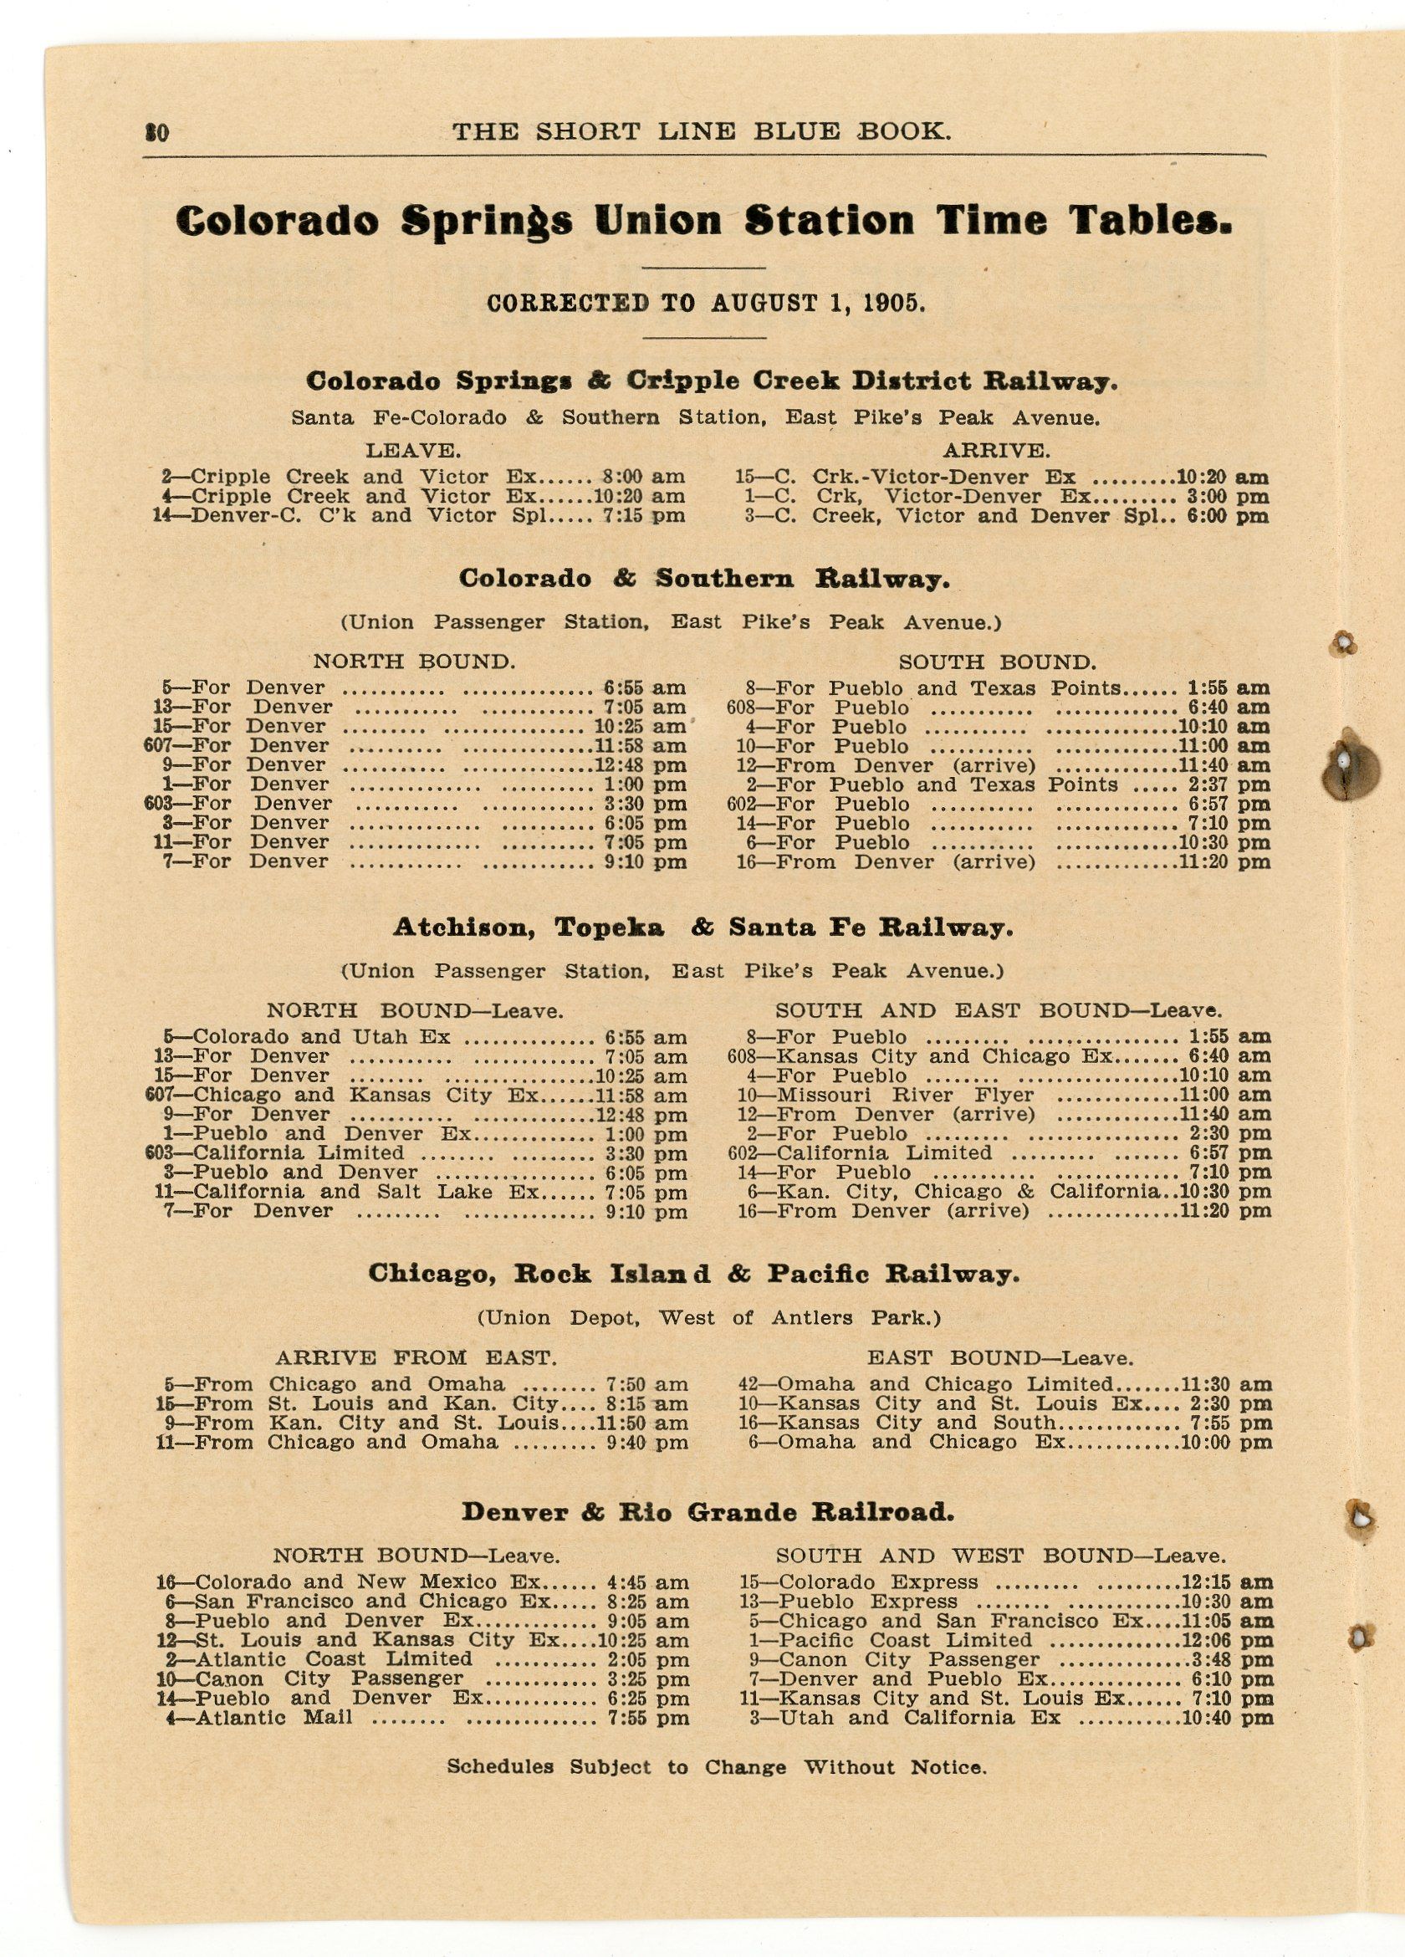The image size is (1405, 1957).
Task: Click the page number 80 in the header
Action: click(x=158, y=132)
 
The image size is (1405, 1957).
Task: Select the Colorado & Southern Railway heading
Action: click(x=703, y=578)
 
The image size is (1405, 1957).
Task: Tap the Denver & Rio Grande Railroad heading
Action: click(x=708, y=1512)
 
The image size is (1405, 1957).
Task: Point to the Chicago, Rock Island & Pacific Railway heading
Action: click(x=693, y=1274)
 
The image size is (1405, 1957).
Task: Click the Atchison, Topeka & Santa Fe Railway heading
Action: click(x=703, y=927)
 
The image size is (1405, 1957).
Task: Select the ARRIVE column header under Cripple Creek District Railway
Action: click(x=996, y=450)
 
